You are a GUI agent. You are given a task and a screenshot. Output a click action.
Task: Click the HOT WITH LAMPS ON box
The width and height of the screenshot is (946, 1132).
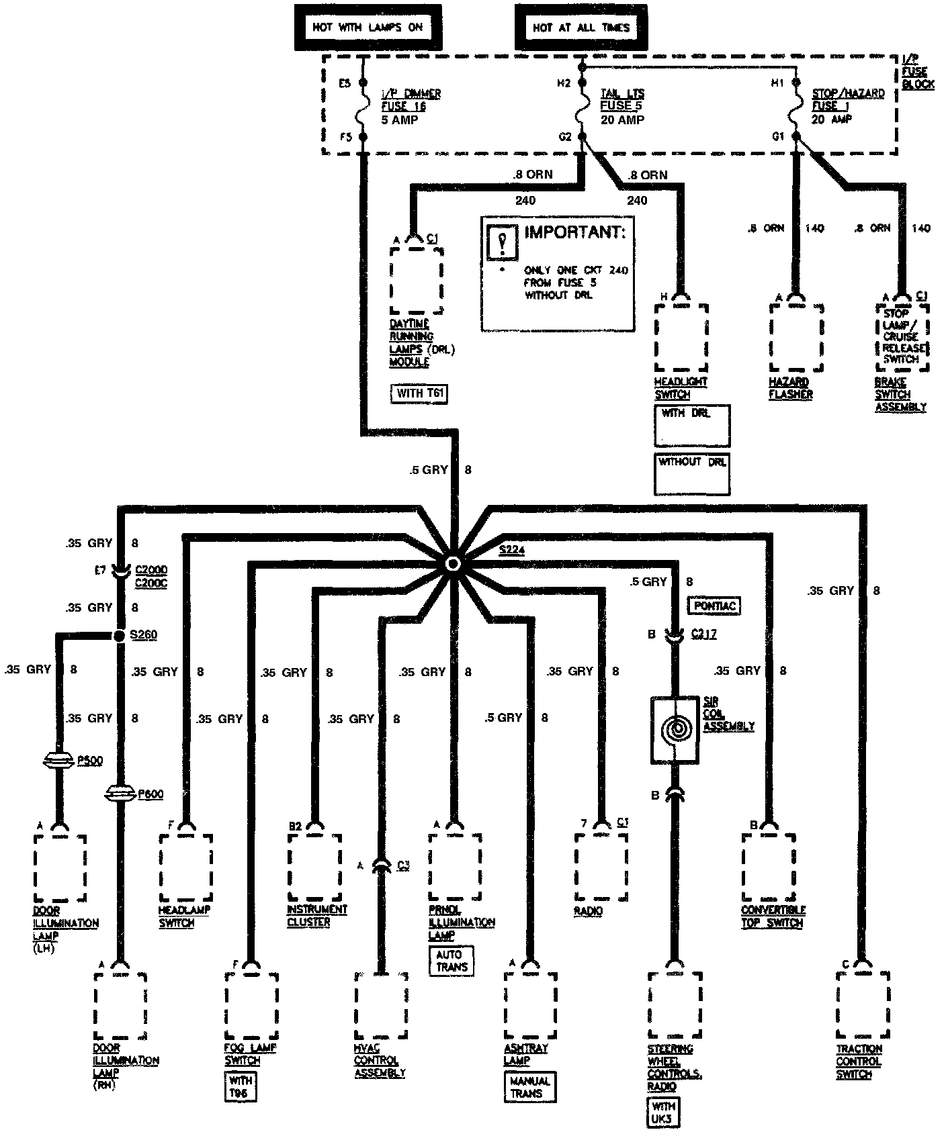click(x=368, y=28)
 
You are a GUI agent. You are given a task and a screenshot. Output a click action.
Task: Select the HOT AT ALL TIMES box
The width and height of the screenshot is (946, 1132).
click(x=581, y=28)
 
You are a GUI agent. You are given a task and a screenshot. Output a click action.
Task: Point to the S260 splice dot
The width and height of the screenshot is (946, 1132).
click(x=120, y=635)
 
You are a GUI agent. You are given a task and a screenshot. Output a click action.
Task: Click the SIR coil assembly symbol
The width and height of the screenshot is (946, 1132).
click(x=675, y=729)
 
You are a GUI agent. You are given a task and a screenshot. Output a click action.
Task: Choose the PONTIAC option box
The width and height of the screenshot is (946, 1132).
click(x=715, y=606)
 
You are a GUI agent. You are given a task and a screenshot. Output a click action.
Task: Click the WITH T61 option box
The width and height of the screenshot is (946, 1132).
click(x=419, y=393)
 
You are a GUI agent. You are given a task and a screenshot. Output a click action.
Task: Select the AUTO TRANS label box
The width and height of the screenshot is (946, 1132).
click(x=451, y=960)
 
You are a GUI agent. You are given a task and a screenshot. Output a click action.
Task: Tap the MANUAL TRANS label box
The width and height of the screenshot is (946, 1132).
click(x=530, y=1087)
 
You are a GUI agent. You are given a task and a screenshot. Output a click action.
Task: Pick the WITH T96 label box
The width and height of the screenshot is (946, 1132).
click(x=241, y=1086)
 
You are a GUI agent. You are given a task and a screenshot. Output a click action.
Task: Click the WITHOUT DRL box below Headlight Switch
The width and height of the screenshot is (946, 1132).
click(x=692, y=474)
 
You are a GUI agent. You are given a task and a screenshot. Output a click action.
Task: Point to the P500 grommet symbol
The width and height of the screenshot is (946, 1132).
click(x=60, y=761)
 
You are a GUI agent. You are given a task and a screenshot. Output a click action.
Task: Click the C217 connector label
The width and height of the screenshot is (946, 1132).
click(x=703, y=634)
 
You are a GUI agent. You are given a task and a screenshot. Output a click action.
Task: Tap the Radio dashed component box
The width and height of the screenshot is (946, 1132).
click(x=601, y=867)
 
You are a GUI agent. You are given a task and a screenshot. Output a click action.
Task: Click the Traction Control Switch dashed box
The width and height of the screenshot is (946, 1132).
click(x=863, y=1004)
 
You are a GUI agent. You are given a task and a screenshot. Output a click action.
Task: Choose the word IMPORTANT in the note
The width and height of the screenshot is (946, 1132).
click(x=574, y=232)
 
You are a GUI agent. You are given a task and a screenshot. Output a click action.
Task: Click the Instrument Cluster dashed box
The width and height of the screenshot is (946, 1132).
click(x=314, y=867)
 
